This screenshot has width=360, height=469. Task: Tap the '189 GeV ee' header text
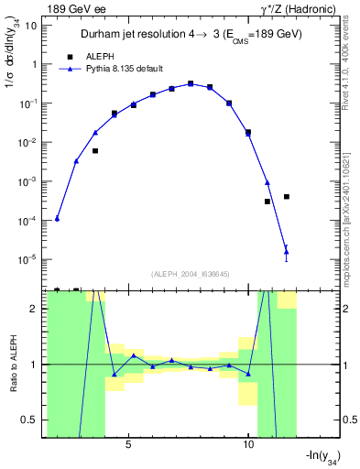coord(76,8)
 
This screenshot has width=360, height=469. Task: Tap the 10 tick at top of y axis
coord(30,26)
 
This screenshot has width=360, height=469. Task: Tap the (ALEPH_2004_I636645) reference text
coord(189,273)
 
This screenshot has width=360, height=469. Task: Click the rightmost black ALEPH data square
coord(287,196)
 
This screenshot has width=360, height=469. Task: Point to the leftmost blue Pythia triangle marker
coord(57,219)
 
